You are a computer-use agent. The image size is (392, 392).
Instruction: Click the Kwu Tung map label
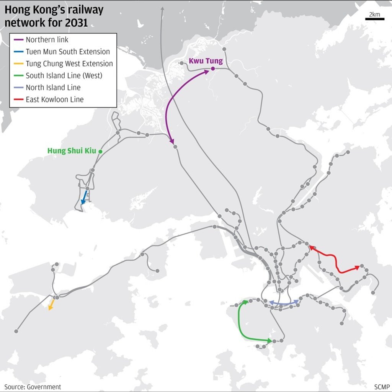coord(206,61)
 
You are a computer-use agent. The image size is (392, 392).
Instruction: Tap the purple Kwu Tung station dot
coord(212,69)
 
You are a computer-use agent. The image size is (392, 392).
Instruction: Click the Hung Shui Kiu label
coord(72,151)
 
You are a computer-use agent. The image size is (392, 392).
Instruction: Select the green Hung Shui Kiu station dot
coord(100,152)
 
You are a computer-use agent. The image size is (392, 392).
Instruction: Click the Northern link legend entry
coord(47,40)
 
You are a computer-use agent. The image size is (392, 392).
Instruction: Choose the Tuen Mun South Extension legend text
coord(68,52)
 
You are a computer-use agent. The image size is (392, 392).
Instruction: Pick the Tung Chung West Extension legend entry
coord(69,64)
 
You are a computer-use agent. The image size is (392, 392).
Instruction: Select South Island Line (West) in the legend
coord(64,75)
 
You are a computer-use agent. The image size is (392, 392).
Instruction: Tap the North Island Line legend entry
coord(53,87)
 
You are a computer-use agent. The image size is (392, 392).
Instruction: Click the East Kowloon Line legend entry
coord(55,100)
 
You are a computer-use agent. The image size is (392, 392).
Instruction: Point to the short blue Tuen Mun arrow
coord(84,198)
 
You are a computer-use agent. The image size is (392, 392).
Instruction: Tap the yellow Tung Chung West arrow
coord(51,305)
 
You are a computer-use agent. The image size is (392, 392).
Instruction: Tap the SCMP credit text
coord(382,387)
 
